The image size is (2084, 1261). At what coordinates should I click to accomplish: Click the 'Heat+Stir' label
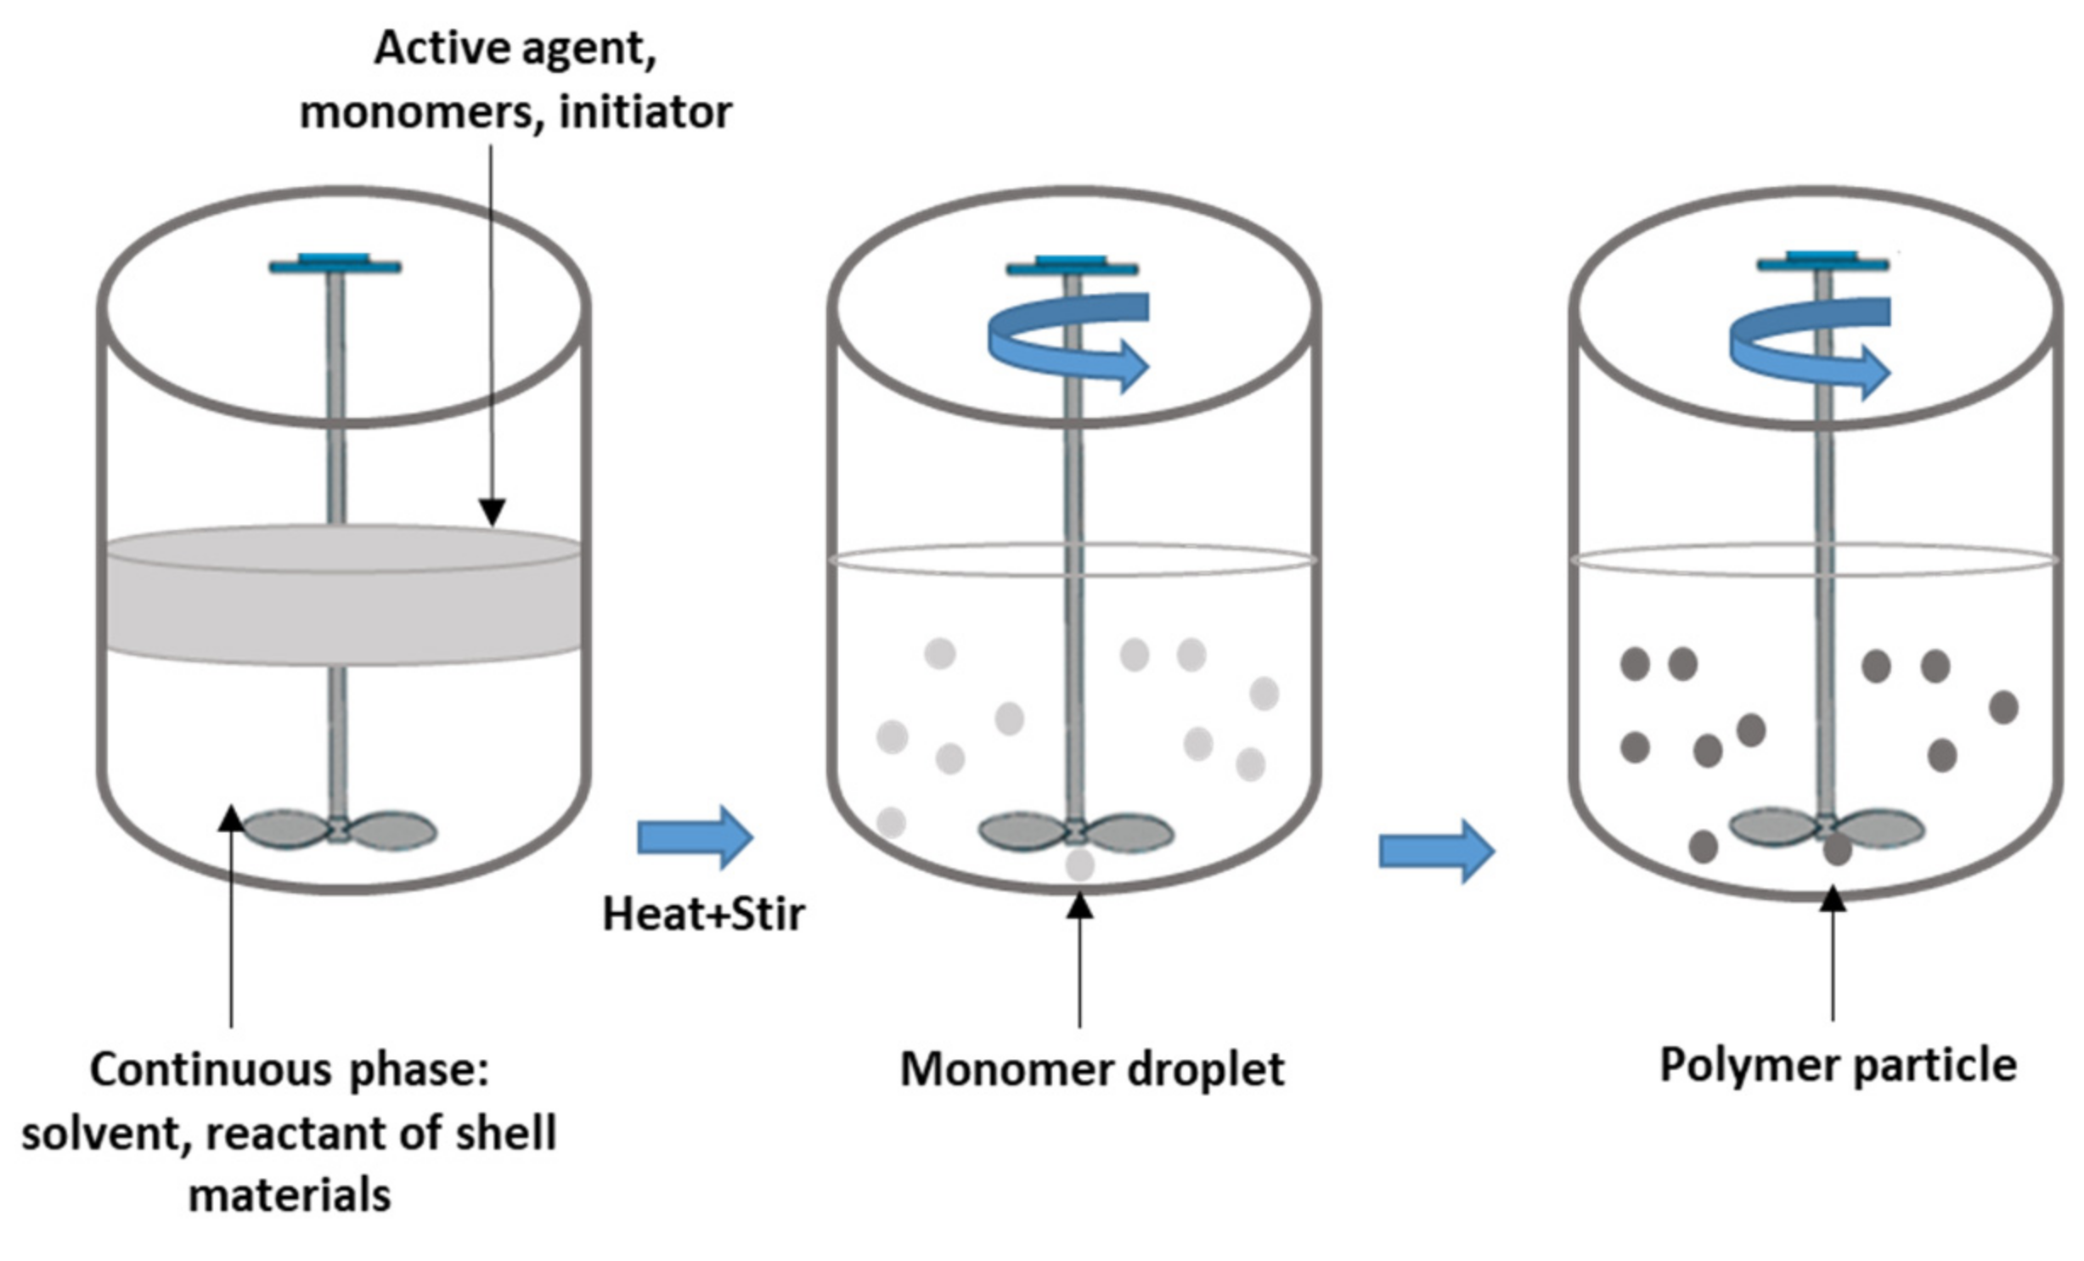tap(703, 915)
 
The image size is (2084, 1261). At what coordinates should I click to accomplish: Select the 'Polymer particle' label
tap(1838, 1066)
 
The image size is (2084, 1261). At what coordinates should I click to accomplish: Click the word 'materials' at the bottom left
tap(289, 1196)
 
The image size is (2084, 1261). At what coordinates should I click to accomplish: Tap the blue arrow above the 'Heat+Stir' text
tap(695, 837)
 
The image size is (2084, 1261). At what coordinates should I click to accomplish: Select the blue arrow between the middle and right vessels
tap(1436, 851)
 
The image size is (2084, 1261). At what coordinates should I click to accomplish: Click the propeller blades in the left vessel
tap(339, 830)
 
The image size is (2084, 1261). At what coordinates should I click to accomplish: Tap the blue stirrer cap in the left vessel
tap(335, 263)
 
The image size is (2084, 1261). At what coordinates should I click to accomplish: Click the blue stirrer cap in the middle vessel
tap(1072, 266)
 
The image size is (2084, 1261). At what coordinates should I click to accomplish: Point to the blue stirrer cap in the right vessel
tap(1822, 261)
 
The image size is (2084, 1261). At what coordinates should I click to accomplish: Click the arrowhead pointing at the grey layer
tap(492, 512)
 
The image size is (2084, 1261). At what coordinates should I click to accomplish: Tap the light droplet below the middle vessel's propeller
tap(1079, 864)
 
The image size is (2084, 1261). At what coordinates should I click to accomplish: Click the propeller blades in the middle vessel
tap(1076, 831)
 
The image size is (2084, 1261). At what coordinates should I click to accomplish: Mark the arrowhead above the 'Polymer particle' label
tap(1832, 898)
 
